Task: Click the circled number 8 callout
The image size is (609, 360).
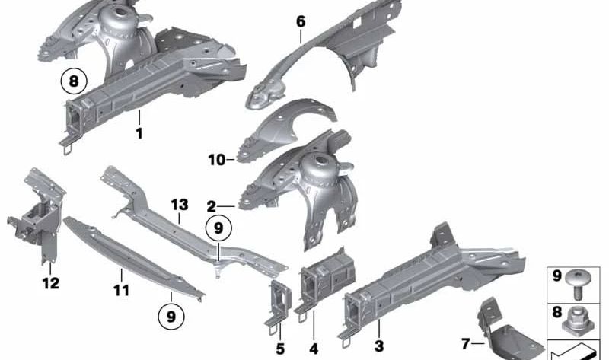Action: coord(74,82)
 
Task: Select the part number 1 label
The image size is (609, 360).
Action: coord(139,134)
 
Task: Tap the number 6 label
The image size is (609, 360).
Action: coord(301,21)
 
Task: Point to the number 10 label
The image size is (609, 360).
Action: coord(217,160)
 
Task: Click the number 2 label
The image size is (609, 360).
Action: coord(211,206)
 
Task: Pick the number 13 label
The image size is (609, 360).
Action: coord(180,205)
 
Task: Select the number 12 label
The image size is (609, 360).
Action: coord(51,283)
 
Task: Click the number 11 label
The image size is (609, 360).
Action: coord(121,290)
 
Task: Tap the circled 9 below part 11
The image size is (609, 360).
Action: coord(171,317)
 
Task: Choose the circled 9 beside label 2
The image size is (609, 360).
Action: coord(218,228)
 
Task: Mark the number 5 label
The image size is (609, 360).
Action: coord(280,349)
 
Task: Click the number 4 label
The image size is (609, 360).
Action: coord(314,349)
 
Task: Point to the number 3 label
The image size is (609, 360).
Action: coord(378,346)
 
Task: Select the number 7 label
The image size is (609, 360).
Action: coord(466,344)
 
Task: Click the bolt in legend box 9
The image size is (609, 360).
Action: coord(579,284)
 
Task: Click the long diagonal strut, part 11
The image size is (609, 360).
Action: coord(134,258)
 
